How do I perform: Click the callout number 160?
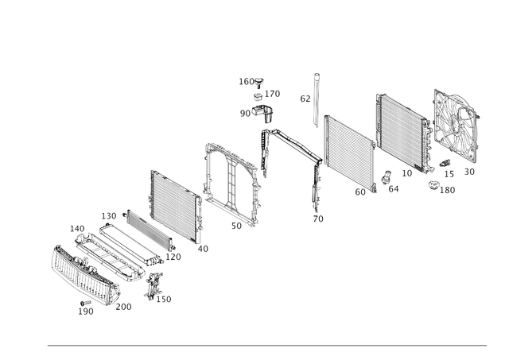click(x=247, y=81)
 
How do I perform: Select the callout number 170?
click(x=272, y=94)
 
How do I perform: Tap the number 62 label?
click(x=305, y=99)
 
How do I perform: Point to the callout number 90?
click(x=245, y=114)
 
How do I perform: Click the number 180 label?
click(x=447, y=190)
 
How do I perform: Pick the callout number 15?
click(x=449, y=174)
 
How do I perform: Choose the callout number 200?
click(x=124, y=307)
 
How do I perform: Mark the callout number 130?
click(x=109, y=216)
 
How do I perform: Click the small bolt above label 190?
click(x=85, y=303)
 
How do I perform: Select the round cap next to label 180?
click(x=433, y=186)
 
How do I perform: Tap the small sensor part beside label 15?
click(x=445, y=163)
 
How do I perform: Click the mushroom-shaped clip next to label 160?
click(x=258, y=83)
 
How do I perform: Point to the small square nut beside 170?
click(x=258, y=97)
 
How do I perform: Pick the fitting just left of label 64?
click(x=387, y=177)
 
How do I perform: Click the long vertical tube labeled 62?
click(x=317, y=101)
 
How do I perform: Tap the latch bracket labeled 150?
click(x=153, y=286)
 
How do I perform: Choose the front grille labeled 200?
click(x=85, y=276)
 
